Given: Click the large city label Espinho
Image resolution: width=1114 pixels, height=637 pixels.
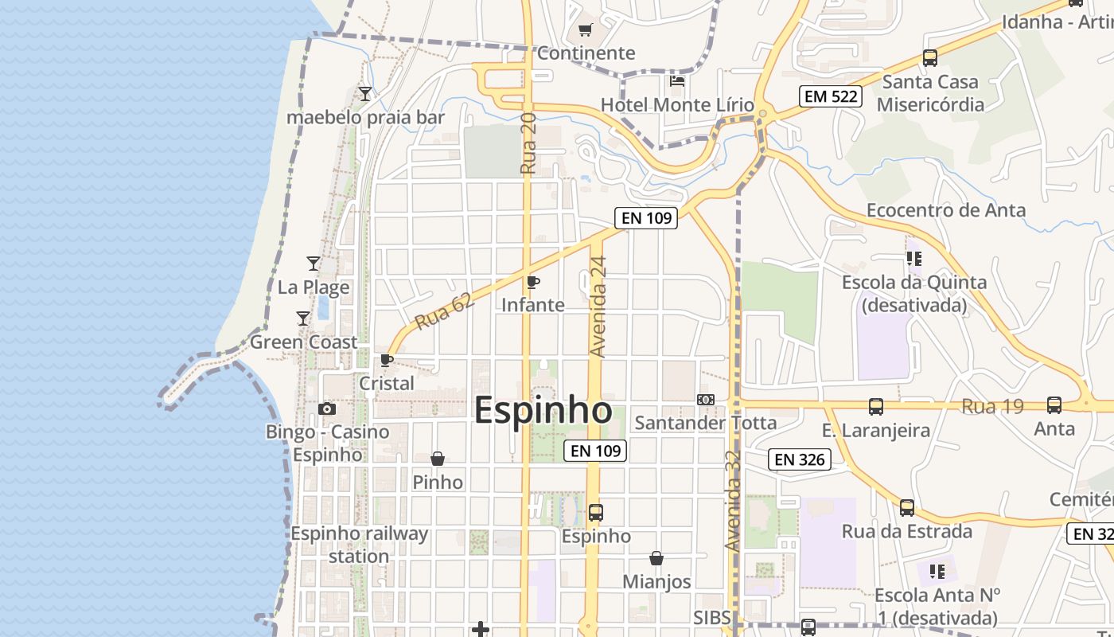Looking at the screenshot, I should (543, 411).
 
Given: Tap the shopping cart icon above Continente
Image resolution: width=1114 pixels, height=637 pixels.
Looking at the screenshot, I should (586, 30).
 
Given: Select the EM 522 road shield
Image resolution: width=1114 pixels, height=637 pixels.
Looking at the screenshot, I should (831, 97).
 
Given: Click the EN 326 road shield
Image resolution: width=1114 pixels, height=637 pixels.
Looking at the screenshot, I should (800, 459).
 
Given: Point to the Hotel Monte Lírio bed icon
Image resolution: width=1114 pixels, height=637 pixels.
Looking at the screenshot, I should (677, 80).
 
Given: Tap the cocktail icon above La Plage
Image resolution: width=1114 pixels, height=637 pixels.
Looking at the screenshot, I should (314, 263).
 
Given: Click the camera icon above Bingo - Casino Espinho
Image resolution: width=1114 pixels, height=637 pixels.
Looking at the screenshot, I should (326, 409).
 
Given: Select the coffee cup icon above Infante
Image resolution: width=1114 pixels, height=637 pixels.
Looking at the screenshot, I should (533, 282).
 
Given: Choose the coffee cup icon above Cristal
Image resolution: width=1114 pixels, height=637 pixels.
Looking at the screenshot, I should (387, 360).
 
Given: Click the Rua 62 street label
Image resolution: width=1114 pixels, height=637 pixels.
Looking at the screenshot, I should (444, 311).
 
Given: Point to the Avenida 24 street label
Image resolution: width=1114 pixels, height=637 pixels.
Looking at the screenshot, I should (598, 307).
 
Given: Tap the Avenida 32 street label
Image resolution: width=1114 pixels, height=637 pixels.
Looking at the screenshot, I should (733, 500).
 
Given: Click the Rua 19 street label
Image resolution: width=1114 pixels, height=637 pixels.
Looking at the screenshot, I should (992, 406).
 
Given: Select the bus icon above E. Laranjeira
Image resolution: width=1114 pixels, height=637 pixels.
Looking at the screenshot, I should (876, 406).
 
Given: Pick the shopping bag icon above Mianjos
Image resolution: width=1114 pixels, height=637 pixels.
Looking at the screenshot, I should (656, 558).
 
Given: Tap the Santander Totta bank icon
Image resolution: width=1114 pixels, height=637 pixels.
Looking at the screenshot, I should (705, 400).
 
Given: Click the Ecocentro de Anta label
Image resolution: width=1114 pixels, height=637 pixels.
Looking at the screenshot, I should (946, 210).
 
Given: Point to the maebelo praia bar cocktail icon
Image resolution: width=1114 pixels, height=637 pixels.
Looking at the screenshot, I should (364, 94).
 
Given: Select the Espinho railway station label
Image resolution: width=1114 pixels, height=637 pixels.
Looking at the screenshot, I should (359, 545).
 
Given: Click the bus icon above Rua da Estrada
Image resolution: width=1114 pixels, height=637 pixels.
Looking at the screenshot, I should (907, 508).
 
